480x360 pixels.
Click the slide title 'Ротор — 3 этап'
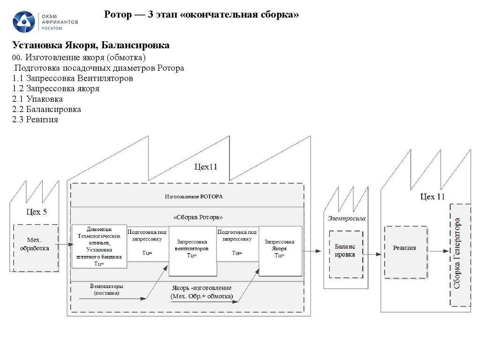click(201, 15)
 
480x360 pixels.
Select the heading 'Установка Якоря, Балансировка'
click(91, 45)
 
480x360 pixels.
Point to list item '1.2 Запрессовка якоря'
click(56, 88)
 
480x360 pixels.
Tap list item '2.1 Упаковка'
click(38, 99)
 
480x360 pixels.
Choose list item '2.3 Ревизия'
click(36, 120)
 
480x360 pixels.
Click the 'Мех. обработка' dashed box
click(36, 248)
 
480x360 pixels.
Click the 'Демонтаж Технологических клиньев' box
click(99, 247)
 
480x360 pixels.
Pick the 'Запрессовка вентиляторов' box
click(193, 251)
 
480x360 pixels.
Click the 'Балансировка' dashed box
click(345, 254)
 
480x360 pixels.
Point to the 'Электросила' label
click(346, 218)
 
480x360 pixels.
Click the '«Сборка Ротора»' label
click(193, 217)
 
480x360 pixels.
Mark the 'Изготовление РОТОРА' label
click(193, 196)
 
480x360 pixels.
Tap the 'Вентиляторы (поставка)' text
click(106, 289)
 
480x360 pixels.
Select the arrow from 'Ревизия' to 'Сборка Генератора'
click(439, 251)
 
